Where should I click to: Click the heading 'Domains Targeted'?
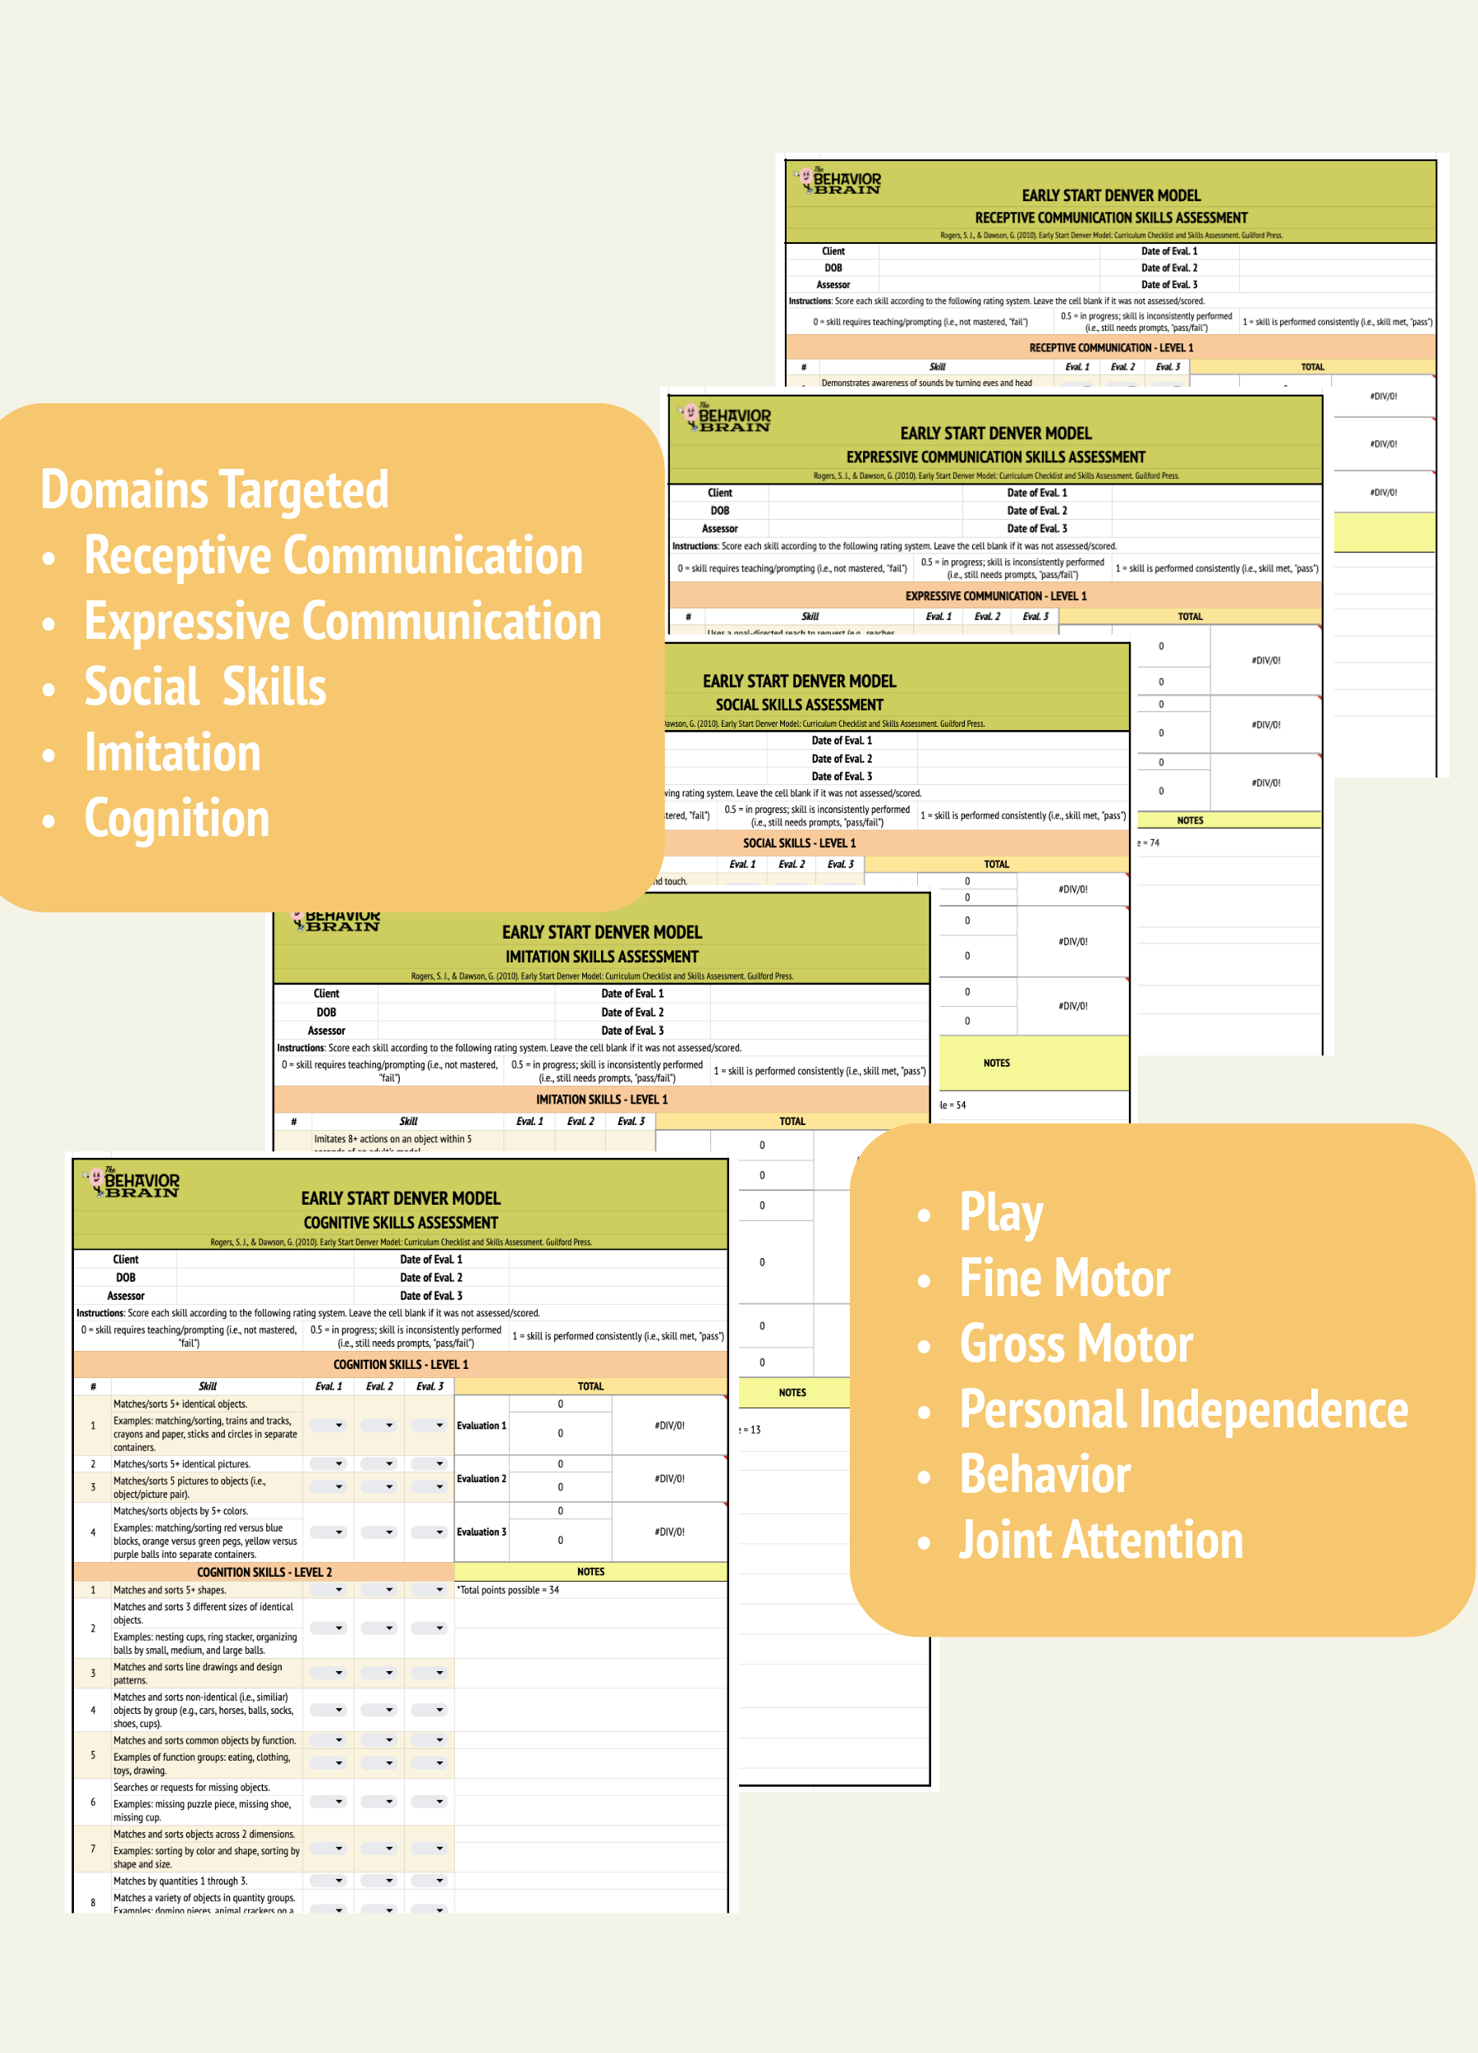point(214,489)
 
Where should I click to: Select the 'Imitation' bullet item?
point(172,753)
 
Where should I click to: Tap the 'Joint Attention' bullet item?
point(1100,1540)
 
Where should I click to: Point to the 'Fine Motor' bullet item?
point(1064,1278)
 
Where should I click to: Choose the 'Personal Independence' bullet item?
point(1183,1409)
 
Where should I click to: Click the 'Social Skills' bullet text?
point(205,687)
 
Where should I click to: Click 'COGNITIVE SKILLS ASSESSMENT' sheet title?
point(400,1222)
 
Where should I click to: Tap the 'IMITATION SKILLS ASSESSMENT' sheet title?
point(602,956)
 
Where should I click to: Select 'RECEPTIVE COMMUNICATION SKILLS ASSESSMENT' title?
point(1110,218)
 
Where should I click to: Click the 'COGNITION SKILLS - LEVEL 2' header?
point(264,1573)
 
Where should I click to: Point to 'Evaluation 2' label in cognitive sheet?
point(481,1479)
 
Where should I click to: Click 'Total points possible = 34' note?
point(507,1591)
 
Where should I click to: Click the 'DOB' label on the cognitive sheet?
point(126,1277)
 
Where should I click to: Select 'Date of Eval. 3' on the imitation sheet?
point(631,1030)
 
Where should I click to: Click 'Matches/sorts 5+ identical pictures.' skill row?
point(182,1463)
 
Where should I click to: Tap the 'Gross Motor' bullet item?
point(1076,1343)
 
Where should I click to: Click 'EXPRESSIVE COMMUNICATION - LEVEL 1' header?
point(995,595)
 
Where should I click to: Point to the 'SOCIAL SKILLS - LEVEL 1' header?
point(799,843)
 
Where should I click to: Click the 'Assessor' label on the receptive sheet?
point(833,284)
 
